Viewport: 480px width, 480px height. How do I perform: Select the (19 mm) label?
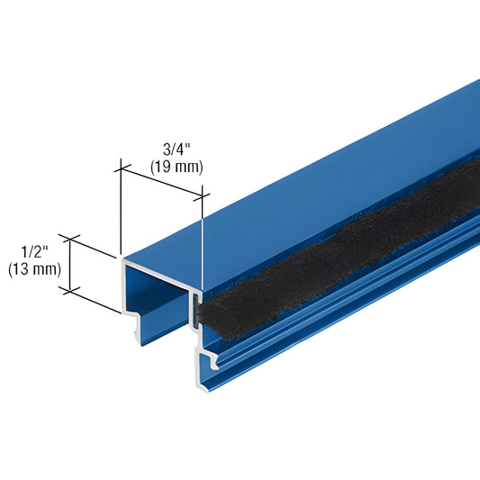[176, 167]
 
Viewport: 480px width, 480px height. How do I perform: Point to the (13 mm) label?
[33, 268]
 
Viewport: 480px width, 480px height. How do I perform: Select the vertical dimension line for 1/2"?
[70, 266]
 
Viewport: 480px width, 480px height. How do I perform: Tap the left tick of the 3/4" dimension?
[118, 165]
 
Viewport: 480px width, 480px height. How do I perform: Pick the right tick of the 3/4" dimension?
[204, 192]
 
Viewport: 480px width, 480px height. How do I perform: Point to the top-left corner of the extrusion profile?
[122, 258]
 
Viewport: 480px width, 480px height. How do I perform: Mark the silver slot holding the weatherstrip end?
[195, 311]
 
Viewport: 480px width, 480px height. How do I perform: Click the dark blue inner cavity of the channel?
[158, 288]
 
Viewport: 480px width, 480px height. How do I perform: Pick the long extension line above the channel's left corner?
[119, 207]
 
